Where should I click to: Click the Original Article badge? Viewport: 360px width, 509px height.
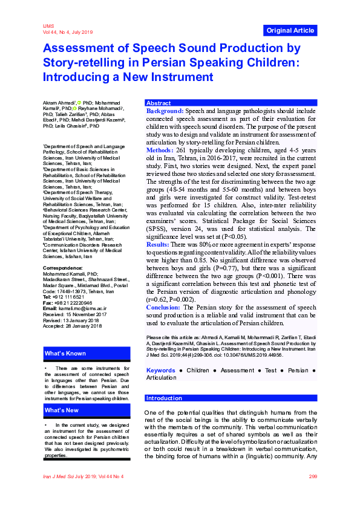coord(290,30)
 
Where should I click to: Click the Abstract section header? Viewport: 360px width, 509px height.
coord(159,103)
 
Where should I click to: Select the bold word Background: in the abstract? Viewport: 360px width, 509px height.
coord(165,112)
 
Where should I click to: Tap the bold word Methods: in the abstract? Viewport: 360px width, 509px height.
coord(160,149)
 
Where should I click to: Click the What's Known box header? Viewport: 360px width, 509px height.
coord(65,354)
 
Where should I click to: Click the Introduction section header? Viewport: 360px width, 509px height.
coord(164,398)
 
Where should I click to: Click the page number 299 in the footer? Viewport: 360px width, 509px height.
coord(313,477)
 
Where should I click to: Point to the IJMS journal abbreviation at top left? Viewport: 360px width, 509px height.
coord(48,27)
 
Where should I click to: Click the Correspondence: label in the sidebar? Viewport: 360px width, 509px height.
coord(63,267)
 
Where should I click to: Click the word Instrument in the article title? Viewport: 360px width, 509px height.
coord(181,77)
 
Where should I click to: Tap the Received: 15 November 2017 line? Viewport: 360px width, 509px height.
coord(75,314)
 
